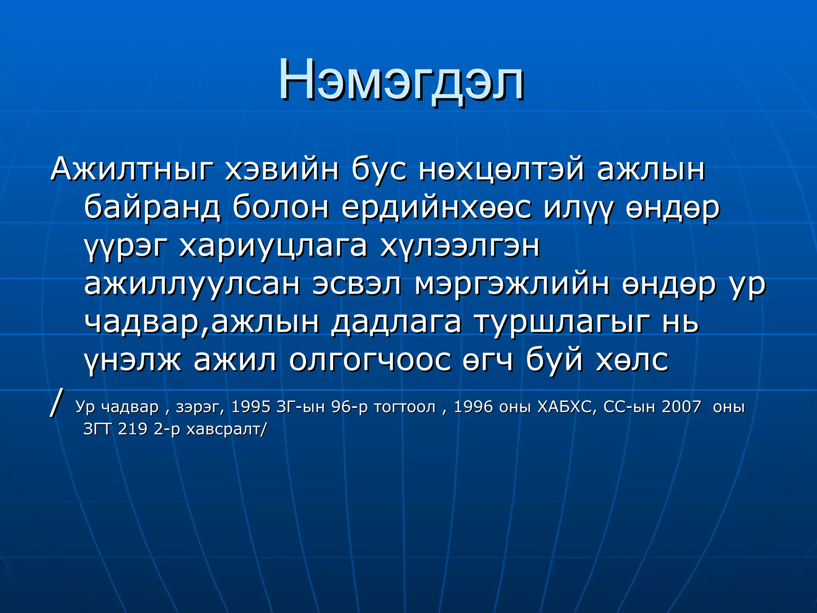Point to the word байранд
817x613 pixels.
pos(152,208)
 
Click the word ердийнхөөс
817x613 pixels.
pos(436,208)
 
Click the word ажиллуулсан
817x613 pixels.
pos(192,284)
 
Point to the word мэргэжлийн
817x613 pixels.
pos(512,284)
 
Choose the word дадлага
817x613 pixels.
pos(396,322)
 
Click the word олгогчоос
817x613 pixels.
pos(370,360)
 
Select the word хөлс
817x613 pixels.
pos(632,360)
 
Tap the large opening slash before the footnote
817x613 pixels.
pos(56,403)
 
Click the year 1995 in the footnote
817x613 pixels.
pos(251,407)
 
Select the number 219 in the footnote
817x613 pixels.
pos(132,429)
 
